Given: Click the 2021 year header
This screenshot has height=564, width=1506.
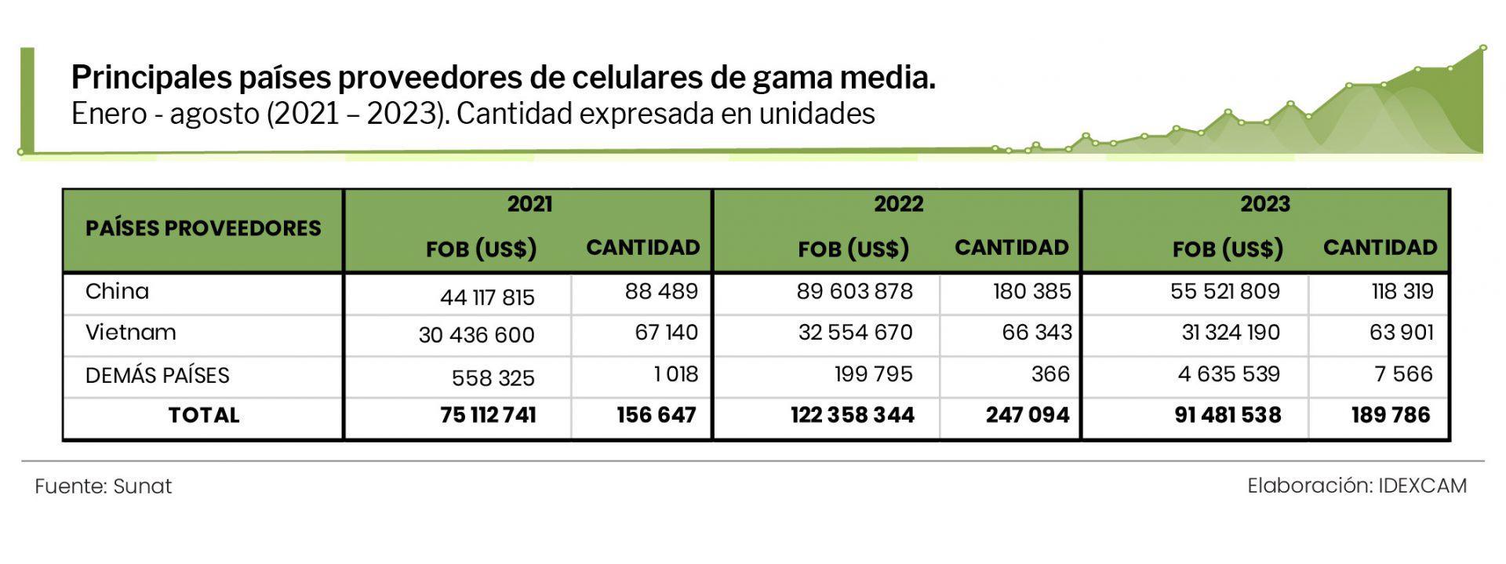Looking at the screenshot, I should coord(529,204).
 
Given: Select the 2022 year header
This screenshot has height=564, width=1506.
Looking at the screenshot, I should coord(898,204).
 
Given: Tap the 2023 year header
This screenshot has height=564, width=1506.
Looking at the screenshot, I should coord(1264,204).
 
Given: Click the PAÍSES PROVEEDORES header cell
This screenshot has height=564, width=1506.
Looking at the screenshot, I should coord(203,228).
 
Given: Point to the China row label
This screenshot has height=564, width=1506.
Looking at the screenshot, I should coord(117,291).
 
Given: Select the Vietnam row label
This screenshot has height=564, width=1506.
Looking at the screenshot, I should coord(130,333).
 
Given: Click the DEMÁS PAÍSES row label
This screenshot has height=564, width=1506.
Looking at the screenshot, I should coord(157,375).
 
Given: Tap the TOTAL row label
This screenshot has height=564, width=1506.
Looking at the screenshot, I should coord(203,415).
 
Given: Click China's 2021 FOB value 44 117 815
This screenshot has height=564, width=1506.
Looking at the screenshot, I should coord(487,297).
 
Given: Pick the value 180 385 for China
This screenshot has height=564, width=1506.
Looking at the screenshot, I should coord(1031,291).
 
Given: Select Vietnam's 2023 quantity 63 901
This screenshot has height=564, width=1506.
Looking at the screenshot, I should coord(1401,333).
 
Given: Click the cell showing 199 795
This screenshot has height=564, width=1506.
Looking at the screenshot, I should coord(873,374).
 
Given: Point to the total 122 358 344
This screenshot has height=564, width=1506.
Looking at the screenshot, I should coord(852,415).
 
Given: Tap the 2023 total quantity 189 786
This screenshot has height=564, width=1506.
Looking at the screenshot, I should coord(1390,415).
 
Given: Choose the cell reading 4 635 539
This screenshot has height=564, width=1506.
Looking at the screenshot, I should coord(1228,374).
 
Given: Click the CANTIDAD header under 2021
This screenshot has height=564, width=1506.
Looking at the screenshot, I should coord(642,248).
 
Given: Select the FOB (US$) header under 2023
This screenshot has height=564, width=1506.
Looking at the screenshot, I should coord(1228,249).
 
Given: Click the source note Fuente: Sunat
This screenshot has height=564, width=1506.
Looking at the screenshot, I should coord(103,486).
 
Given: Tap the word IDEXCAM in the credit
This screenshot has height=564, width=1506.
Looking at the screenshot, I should coord(1422,486).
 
